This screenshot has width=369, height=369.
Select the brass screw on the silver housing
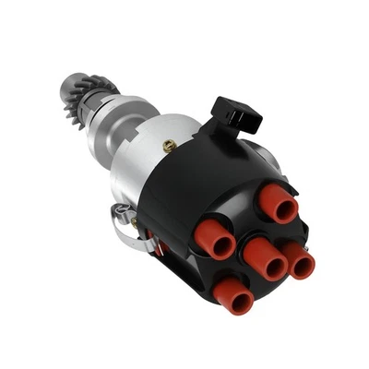[169, 146]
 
